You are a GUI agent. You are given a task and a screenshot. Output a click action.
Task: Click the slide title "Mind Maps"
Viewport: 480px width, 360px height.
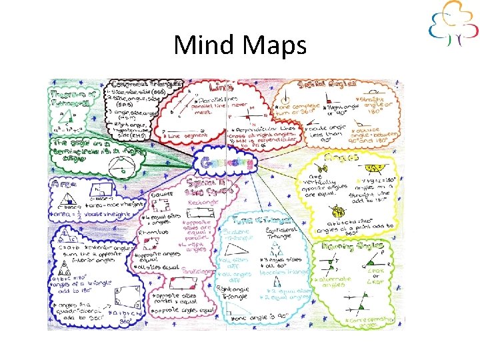239,45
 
